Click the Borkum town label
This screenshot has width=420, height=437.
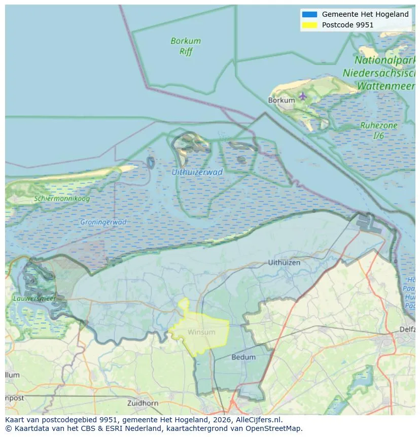(x=281, y=100)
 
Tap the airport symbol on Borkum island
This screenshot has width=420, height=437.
(x=303, y=96)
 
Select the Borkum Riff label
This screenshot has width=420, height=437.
(x=186, y=46)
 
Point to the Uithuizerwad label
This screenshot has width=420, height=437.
(x=197, y=173)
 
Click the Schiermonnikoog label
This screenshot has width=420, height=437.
(x=62, y=198)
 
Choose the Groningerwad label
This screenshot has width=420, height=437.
(x=103, y=222)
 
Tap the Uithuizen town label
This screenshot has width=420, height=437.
(x=284, y=263)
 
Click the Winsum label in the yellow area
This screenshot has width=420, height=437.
(x=201, y=332)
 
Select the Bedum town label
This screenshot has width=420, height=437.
(x=243, y=357)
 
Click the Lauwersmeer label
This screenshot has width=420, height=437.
(x=34, y=298)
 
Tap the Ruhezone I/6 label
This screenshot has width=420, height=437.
(x=378, y=130)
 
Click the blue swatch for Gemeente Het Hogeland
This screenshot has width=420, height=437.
(x=309, y=14)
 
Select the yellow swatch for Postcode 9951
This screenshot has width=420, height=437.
(x=309, y=24)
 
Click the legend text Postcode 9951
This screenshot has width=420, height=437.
(x=347, y=24)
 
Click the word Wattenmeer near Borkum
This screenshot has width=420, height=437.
(x=387, y=86)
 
